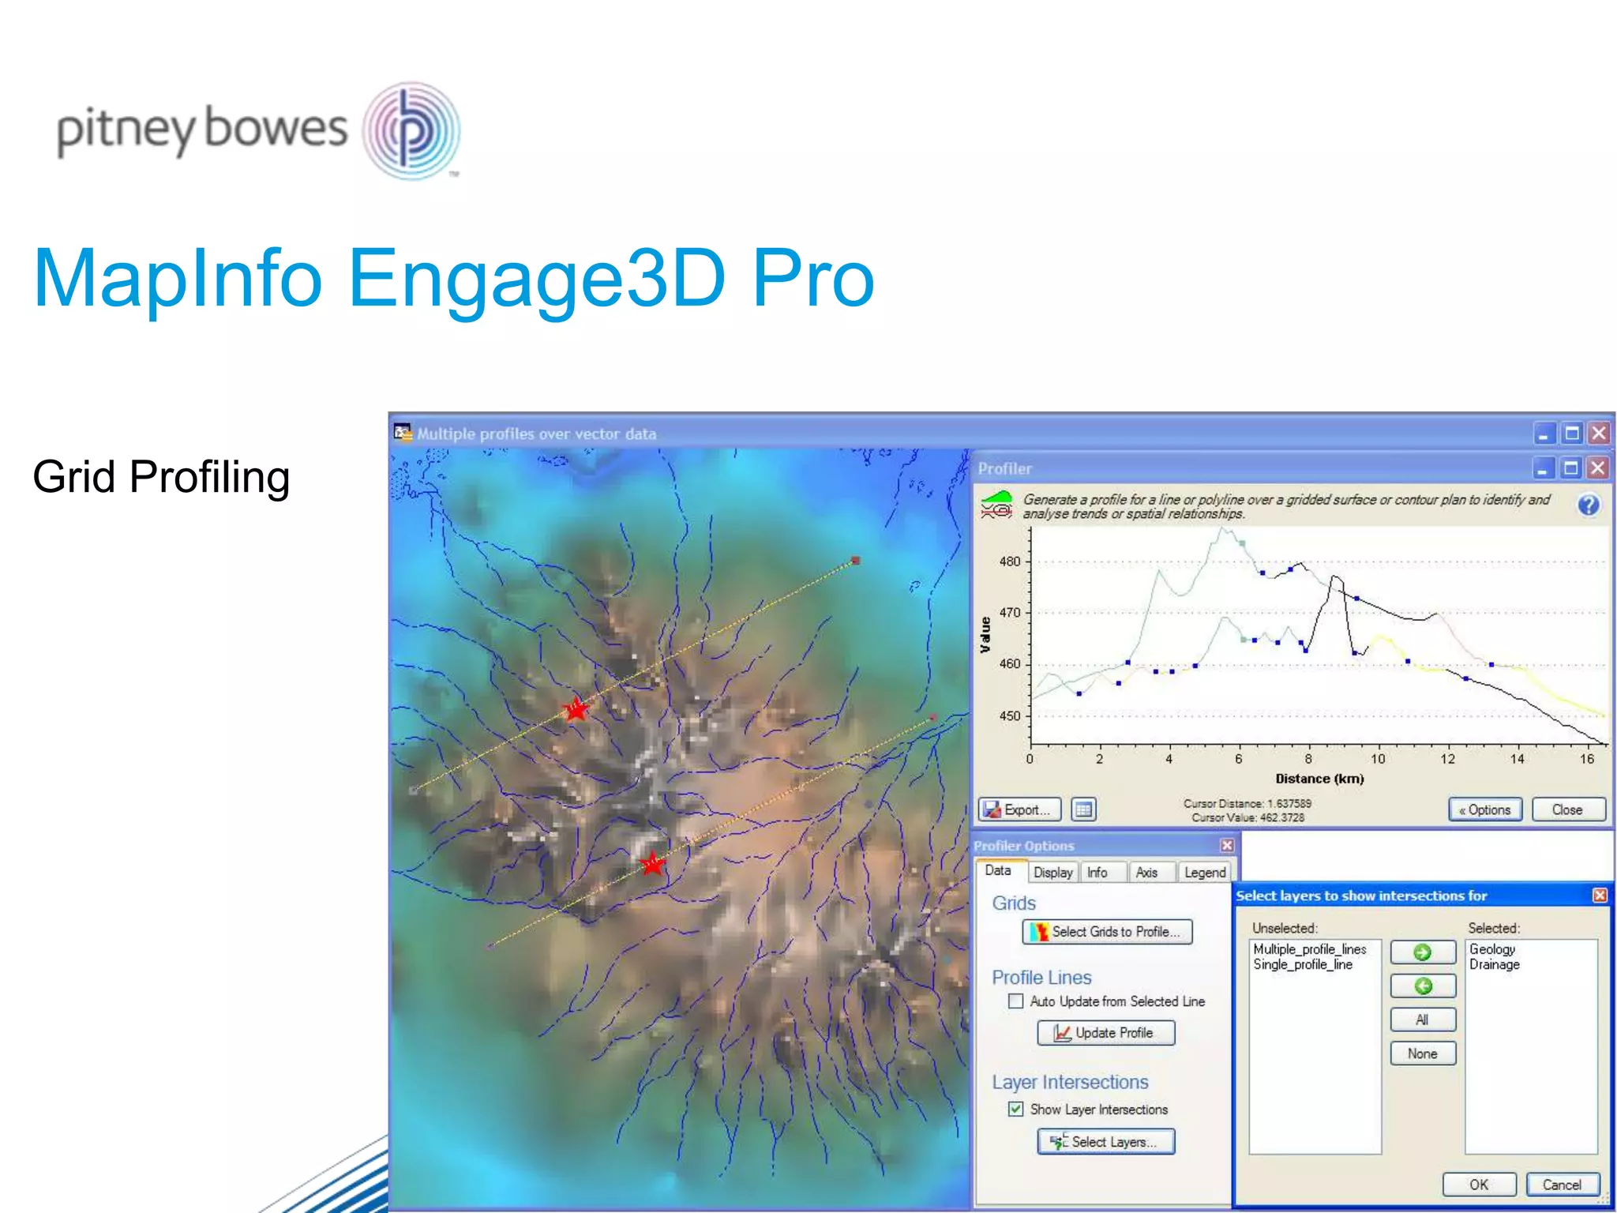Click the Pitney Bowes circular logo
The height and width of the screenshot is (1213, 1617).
pyautogui.click(x=411, y=130)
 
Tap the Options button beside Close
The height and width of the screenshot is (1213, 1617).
pyautogui.click(x=1485, y=809)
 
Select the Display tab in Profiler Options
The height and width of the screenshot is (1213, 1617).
pyautogui.click(x=1052, y=873)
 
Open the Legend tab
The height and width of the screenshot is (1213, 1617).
pyautogui.click(x=1204, y=873)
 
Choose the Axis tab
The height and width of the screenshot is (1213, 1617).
pyautogui.click(x=1146, y=873)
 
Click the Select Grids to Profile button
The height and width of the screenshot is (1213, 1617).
pyautogui.click(x=1107, y=932)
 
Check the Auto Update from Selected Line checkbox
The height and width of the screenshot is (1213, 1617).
pyautogui.click(x=1016, y=1001)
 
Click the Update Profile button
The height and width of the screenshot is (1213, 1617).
pyautogui.click(x=1105, y=1033)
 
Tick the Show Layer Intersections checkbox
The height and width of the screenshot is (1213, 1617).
pyautogui.click(x=1016, y=1110)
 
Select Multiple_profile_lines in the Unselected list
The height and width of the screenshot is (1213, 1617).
pyautogui.click(x=1309, y=949)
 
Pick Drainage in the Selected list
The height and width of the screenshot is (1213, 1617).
pyautogui.click(x=1494, y=964)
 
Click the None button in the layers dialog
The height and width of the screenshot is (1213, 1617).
pyautogui.click(x=1422, y=1053)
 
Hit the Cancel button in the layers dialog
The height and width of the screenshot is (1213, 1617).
pyautogui.click(x=1562, y=1185)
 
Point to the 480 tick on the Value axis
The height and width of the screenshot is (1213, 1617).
pyautogui.click(x=1010, y=561)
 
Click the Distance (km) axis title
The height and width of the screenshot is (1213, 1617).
pyautogui.click(x=1319, y=779)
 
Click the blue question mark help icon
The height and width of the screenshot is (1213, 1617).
pyautogui.click(x=1589, y=505)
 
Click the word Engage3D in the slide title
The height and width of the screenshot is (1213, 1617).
pyautogui.click(x=537, y=278)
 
